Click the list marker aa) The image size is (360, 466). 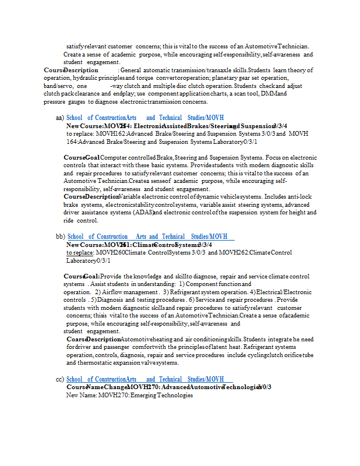[x=60, y=118]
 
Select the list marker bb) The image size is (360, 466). [x=61, y=236]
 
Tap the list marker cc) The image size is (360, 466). [x=60, y=380]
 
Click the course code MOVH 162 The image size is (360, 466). [x=109, y=133]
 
